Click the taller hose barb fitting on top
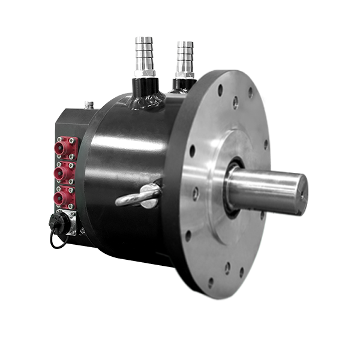point(145,55)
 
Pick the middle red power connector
point(65,173)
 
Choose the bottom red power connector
point(65,197)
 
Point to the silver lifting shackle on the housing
point(139,196)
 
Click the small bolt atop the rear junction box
point(89,105)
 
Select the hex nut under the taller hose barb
point(145,74)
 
